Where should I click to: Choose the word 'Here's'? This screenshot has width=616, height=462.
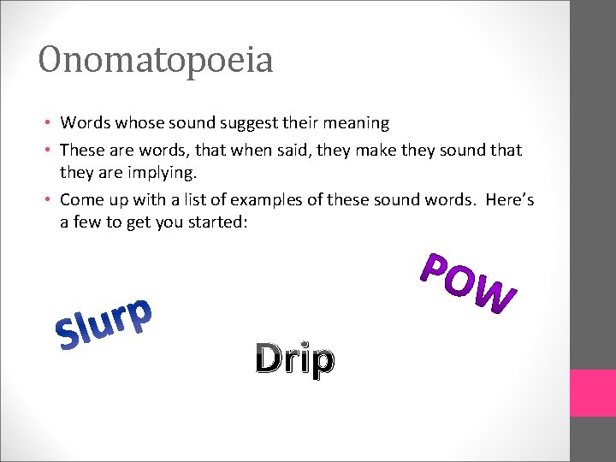coord(510,199)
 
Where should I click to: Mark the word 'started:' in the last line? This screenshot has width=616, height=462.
coord(202,222)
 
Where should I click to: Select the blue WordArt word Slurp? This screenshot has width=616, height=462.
coord(104,326)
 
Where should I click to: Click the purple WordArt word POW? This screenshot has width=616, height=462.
coord(470,281)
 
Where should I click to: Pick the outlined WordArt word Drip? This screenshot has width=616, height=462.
coord(294,359)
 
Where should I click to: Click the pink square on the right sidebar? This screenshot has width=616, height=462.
coord(593,393)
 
